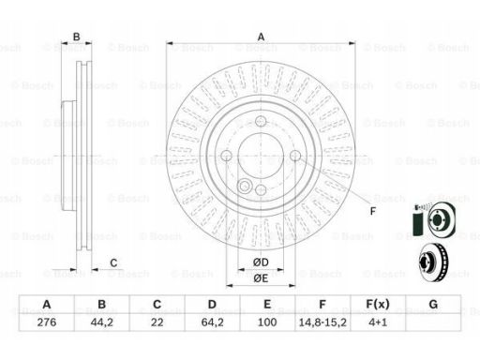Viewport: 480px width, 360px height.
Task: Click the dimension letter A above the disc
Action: (x=261, y=37)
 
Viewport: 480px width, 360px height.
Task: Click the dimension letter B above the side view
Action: (x=77, y=37)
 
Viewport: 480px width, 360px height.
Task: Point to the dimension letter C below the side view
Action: (x=113, y=262)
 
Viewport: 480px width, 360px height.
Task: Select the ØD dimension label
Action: (x=261, y=262)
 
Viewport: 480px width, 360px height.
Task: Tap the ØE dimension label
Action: (x=261, y=278)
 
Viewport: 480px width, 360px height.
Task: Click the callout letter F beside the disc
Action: (x=372, y=211)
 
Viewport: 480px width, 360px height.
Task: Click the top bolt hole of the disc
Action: (x=261, y=121)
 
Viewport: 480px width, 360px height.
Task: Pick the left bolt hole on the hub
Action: (x=226, y=156)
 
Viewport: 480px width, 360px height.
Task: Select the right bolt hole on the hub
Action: (x=295, y=156)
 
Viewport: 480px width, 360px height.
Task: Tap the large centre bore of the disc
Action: (x=261, y=156)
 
